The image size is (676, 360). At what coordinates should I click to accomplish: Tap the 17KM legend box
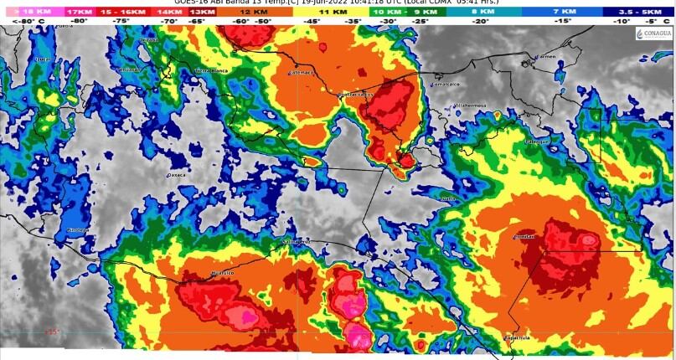(80, 12)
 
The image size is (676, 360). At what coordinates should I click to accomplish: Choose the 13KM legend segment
(201, 12)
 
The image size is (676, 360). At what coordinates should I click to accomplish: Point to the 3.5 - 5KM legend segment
(637, 12)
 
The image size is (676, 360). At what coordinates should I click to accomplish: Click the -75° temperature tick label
(121, 20)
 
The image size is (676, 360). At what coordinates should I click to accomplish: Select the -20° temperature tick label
(480, 20)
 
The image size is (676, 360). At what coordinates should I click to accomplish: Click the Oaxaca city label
(176, 176)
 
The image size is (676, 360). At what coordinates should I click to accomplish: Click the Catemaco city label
(300, 73)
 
